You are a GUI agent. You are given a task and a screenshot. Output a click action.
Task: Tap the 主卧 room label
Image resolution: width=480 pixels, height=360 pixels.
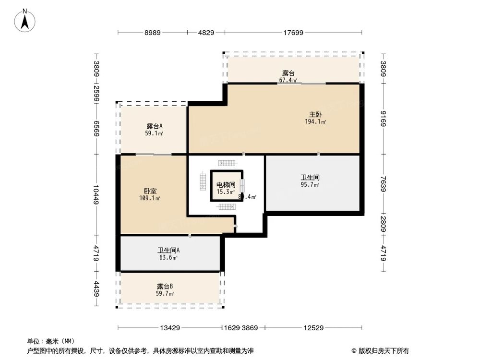point(315,115)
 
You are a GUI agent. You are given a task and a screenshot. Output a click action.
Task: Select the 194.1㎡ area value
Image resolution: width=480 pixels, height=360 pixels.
point(315,122)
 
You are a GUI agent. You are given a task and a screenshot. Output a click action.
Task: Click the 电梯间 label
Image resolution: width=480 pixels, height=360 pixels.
point(226,185)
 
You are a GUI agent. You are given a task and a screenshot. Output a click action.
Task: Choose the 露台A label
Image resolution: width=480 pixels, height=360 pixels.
point(155,127)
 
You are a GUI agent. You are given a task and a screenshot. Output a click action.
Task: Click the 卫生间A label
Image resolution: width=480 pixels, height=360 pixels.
point(168,250)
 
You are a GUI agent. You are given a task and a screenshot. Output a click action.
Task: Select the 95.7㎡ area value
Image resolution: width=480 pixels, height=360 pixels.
point(310,184)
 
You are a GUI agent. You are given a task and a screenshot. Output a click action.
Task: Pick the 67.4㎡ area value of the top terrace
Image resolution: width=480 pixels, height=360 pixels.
point(288,80)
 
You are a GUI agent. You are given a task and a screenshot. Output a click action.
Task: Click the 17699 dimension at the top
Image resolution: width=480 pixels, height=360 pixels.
point(293,33)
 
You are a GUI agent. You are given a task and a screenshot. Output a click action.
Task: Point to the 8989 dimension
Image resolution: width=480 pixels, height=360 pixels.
point(153,33)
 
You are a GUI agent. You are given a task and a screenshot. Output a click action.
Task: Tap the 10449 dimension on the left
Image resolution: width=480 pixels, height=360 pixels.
point(96,194)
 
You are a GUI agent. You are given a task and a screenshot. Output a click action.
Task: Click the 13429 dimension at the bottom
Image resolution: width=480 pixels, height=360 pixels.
point(170,328)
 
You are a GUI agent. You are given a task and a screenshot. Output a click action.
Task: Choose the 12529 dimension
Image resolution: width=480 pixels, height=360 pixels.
point(313,328)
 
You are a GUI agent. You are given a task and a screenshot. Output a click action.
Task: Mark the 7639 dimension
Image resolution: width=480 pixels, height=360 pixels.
point(383,183)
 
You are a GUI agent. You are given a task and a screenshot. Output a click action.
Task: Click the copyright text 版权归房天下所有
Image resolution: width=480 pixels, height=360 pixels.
point(383,350)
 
